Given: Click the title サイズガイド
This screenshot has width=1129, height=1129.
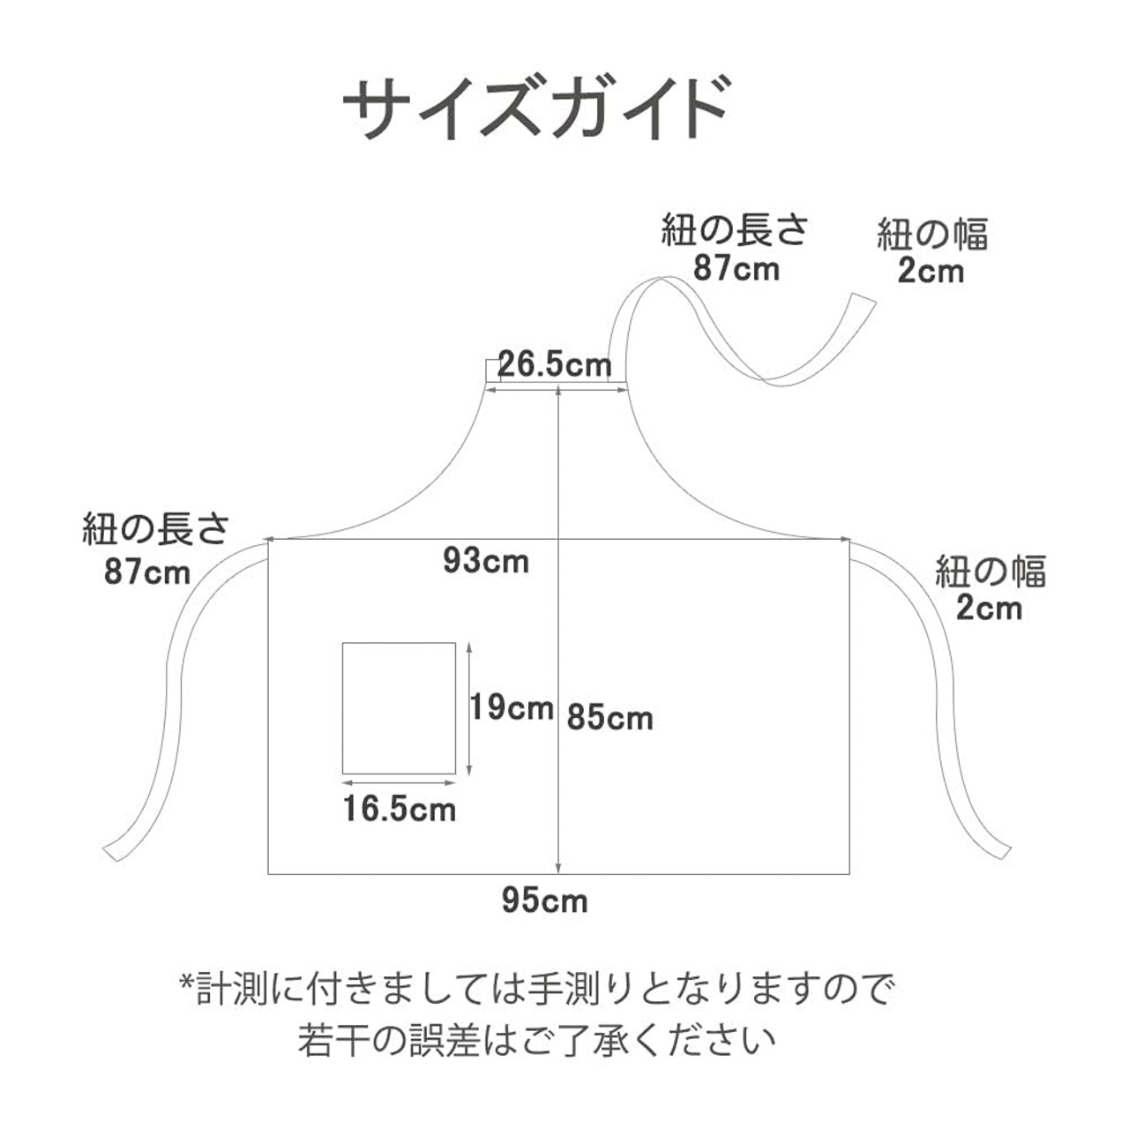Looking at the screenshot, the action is [x=535, y=110].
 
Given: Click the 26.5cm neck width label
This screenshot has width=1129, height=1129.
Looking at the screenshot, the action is [x=555, y=364].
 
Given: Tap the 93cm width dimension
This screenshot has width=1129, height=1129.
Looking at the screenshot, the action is [x=486, y=561].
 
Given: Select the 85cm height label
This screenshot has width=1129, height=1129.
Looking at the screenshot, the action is [x=609, y=718].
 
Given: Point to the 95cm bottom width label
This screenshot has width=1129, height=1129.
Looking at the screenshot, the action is [x=544, y=901].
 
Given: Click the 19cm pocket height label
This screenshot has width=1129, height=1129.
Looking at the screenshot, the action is [x=512, y=707].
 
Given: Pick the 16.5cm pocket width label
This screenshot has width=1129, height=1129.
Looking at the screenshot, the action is [x=400, y=809].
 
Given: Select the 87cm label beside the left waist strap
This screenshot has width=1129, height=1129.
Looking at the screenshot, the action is [x=147, y=572].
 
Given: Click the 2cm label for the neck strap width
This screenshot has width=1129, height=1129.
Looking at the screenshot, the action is [x=931, y=271].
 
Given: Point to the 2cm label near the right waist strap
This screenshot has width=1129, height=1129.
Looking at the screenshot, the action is [x=990, y=609].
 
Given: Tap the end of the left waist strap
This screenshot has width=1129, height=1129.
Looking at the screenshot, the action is [x=116, y=850].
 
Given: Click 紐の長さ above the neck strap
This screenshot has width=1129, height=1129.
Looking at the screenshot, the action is [x=735, y=231].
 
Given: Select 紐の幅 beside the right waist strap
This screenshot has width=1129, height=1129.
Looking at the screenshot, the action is [x=991, y=572].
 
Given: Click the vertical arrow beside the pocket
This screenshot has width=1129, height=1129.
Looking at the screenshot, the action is [x=471, y=708].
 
